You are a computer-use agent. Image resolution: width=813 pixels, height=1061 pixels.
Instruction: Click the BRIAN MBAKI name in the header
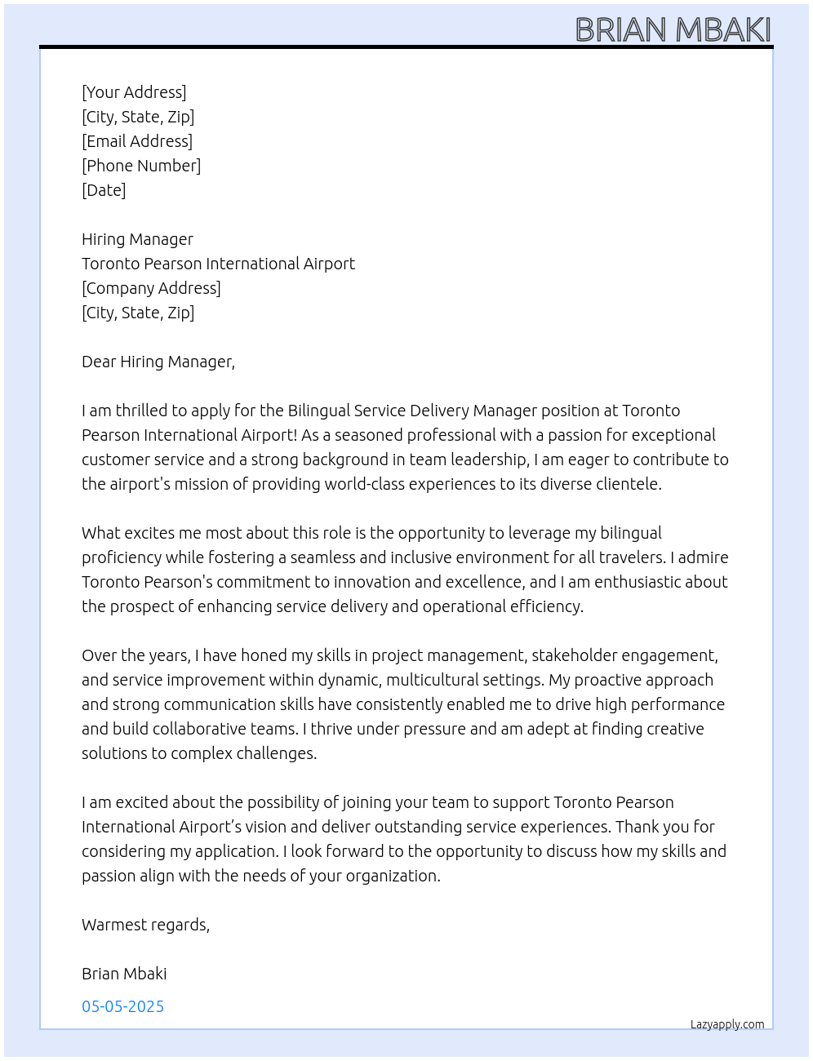[673, 29]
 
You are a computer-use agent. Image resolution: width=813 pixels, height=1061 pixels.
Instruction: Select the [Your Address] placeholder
[134, 92]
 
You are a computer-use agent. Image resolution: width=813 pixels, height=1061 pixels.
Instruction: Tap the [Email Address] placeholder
[137, 141]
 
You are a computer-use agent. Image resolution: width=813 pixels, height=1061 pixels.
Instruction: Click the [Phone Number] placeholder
[141, 166]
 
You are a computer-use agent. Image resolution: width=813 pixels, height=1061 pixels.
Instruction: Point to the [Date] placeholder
[104, 190]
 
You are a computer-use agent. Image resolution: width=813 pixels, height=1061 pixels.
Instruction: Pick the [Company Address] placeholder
[151, 288]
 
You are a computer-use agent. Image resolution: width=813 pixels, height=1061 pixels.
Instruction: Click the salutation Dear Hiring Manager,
[158, 362]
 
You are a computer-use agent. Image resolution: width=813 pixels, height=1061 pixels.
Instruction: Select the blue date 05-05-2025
[123, 1006]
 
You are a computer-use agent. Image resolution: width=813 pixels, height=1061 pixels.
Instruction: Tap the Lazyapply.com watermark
[727, 1024]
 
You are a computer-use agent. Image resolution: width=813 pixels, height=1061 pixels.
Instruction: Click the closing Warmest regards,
[145, 925]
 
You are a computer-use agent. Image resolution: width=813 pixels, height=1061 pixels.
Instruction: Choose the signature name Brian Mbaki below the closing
[124, 974]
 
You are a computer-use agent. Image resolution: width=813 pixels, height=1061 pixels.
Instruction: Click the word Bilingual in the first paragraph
[320, 411]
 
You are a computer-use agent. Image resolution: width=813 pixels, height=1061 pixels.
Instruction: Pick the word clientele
[625, 484]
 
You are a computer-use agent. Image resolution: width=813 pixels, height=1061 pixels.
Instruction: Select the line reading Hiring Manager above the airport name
[137, 239]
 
